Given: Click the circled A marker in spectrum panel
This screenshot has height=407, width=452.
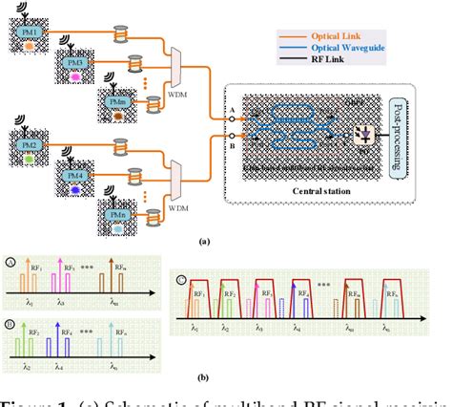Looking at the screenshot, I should (x=10, y=261).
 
